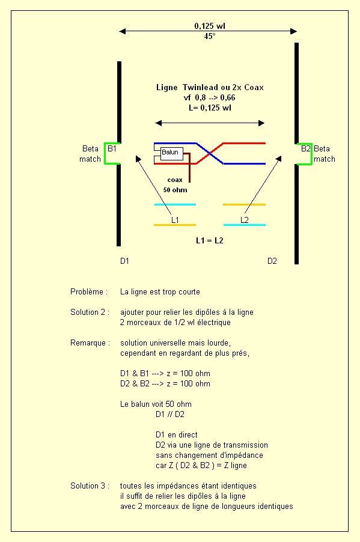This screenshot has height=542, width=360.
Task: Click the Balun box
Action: tap(172, 153)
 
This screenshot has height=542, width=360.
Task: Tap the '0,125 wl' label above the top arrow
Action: tap(210, 26)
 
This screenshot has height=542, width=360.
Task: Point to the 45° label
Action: tap(210, 36)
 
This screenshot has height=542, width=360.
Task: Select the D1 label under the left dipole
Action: tap(124, 261)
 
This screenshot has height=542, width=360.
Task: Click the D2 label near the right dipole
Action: tap(272, 261)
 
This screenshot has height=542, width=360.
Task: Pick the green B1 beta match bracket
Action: tap(105, 153)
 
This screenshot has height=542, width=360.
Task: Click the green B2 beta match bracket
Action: tap(311, 154)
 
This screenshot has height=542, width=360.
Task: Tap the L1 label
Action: tap(175, 220)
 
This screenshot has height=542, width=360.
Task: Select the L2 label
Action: tap(245, 220)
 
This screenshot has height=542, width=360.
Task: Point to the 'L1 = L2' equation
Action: tap(210, 240)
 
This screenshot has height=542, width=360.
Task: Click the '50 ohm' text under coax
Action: tap(175, 190)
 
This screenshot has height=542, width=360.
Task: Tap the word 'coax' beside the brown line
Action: tap(175, 180)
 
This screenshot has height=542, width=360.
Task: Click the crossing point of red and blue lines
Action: tap(210, 153)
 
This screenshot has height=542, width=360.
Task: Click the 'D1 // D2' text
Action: tap(170, 414)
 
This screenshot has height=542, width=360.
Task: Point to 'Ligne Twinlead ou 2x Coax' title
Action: tap(210, 88)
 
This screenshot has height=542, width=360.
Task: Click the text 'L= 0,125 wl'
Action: tap(210, 108)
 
